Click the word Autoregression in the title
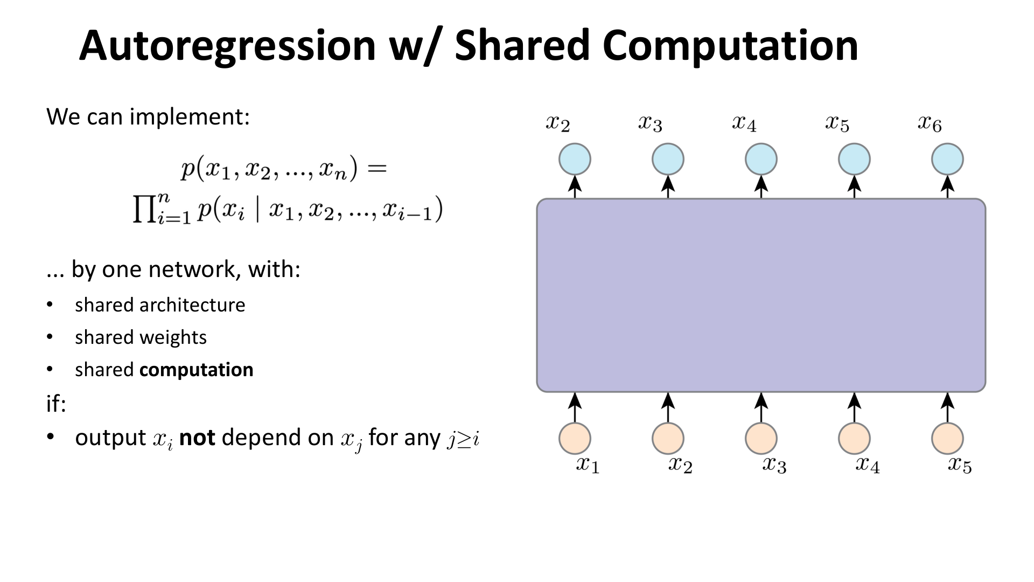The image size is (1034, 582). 227,46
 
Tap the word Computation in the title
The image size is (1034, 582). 730,46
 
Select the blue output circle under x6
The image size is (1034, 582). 947,159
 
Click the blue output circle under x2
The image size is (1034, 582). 575,159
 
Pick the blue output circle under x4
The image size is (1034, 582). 761,159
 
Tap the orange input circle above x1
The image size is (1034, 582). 575,438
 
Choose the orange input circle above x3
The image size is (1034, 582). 761,438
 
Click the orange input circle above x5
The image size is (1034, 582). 947,438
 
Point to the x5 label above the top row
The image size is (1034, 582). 837,124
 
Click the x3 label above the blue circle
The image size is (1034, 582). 651,124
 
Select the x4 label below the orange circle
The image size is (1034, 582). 868,465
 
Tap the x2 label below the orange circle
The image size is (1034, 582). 680,465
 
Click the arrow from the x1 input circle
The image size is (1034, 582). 575,407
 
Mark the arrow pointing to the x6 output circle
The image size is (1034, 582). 947,186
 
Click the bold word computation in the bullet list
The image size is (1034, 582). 196,370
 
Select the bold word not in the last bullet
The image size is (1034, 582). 197,438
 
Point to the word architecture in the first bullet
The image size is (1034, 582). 192,306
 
